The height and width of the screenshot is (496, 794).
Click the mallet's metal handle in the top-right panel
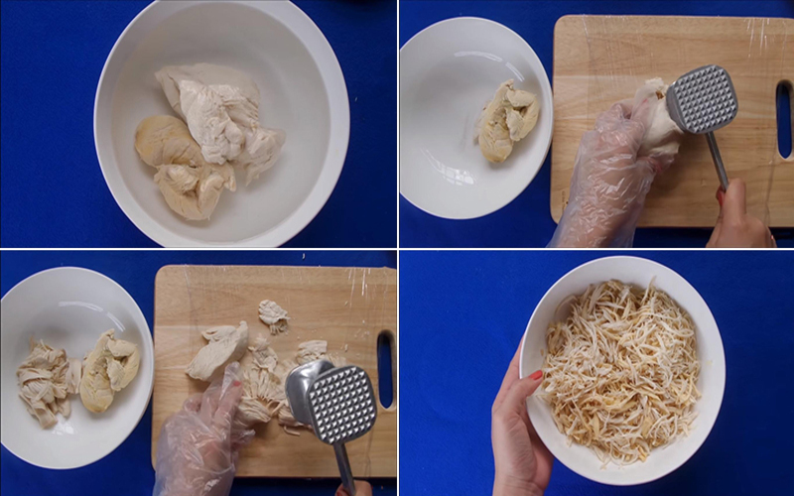pyautogui.click(x=718, y=159)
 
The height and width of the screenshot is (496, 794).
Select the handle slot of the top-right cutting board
pyautogui.click(x=784, y=119)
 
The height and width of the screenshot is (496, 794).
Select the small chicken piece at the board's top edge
pyautogui.click(x=273, y=315)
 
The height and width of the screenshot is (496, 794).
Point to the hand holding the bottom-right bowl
pyautogui.click(x=516, y=427)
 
